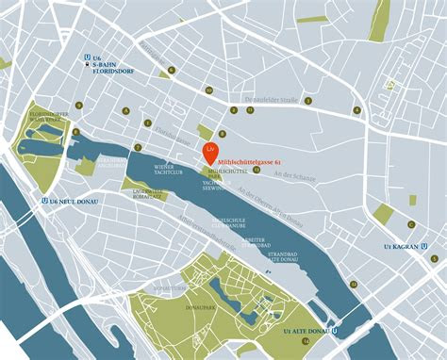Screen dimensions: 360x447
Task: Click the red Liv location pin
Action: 210,150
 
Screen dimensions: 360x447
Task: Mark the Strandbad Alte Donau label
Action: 284,254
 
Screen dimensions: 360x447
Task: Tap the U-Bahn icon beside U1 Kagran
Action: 426,247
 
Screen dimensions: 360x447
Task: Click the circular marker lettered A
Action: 124,109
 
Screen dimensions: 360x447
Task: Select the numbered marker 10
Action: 209,90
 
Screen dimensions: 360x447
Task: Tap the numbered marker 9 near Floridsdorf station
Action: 171,70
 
